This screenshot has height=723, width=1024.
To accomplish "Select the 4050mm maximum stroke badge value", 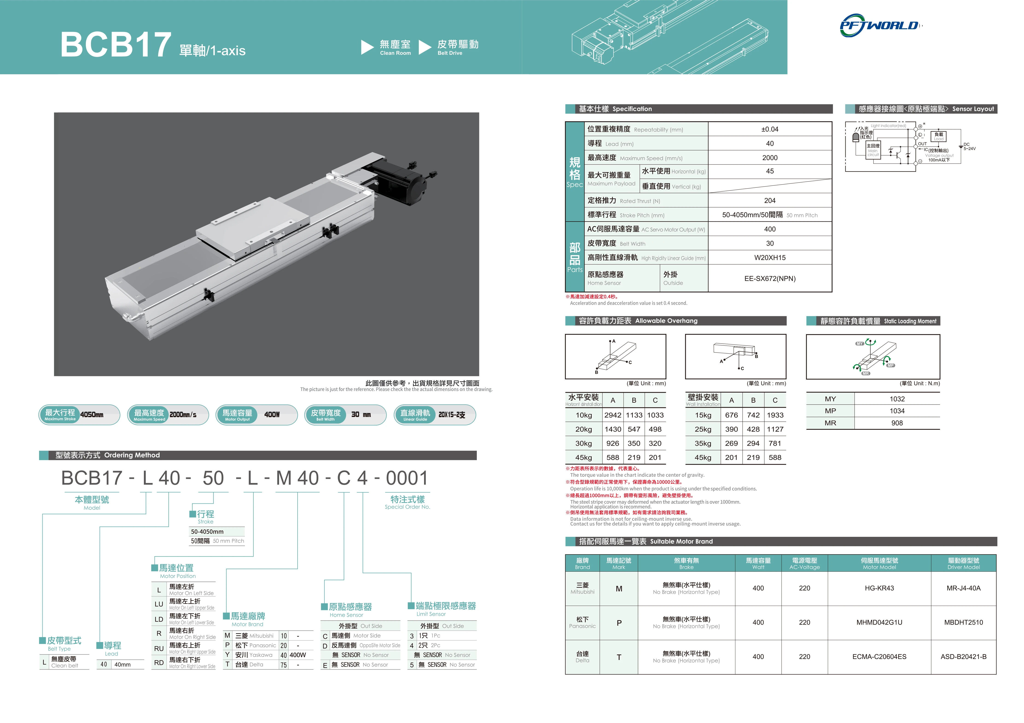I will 92,415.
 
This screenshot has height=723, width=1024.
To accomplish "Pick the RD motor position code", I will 159,663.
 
